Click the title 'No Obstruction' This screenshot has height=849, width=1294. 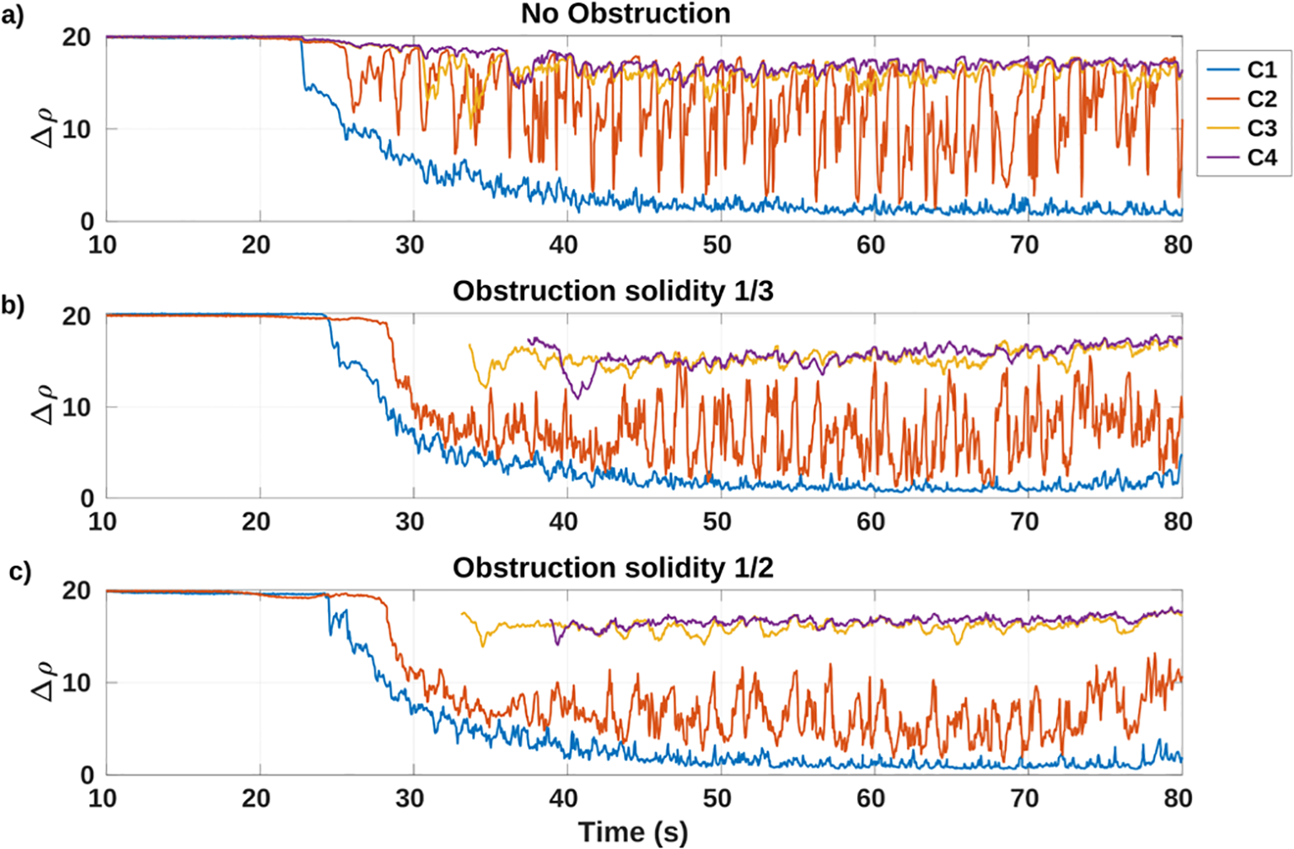[626, 13]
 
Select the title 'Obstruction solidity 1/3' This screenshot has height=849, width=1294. [613, 291]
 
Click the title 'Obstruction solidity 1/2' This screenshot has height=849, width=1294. [613, 568]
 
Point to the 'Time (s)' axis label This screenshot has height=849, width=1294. [633, 832]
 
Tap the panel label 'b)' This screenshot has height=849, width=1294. [13, 305]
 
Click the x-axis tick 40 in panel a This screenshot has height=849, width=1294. [564, 245]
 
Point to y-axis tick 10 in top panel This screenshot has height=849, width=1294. [78, 130]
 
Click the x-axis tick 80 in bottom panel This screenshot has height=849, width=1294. [1178, 798]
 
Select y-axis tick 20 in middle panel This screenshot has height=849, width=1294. [77, 316]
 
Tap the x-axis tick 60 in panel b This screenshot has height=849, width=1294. [871, 523]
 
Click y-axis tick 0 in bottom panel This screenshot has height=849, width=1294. [87, 775]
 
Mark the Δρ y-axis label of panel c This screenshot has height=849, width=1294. [45, 681]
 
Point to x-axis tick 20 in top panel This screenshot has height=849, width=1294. [256, 245]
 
